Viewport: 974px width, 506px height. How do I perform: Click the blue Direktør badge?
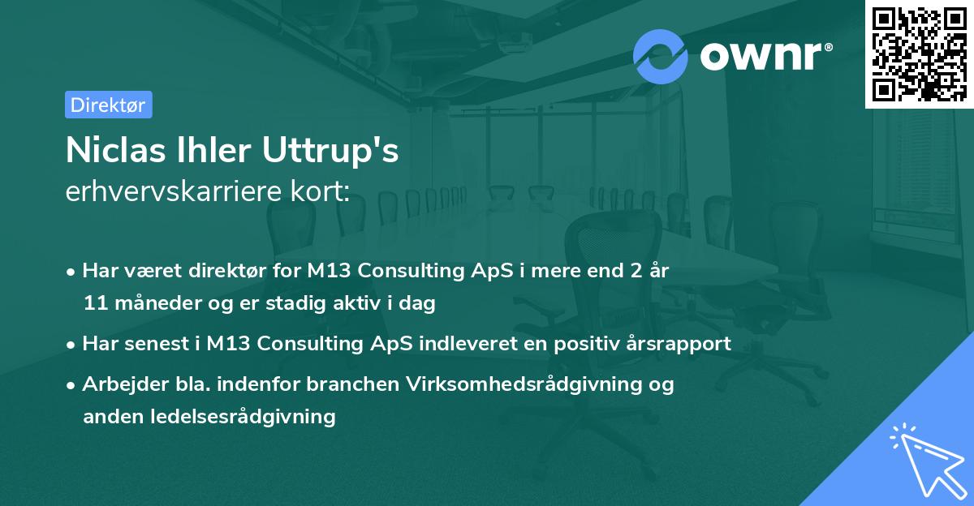pyautogui.click(x=109, y=105)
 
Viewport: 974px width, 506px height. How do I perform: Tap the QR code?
pyautogui.click(x=919, y=54)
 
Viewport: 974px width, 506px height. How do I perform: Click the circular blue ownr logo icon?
pyautogui.click(x=660, y=57)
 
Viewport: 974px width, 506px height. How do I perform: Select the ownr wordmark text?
pyautogui.click(x=761, y=57)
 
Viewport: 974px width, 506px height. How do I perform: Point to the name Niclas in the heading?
pyautogui.click(x=115, y=150)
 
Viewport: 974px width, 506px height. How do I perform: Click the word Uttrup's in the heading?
pyautogui.click(x=330, y=150)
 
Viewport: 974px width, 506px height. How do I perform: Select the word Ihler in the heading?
pyautogui.click(x=213, y=150)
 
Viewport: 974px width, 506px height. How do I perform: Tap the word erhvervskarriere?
pyautogui.click(x=174, y=191)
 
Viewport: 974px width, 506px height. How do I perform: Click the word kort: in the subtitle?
pyautogui.click(x=321, y=191)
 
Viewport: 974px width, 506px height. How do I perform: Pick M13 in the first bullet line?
pyautogui.click(x=329, y=271)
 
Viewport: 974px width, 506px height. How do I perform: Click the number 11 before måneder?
pyautogui.click(x=96, y=303)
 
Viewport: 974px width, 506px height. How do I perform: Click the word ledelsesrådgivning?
pyautogui.click(x=243, y=417)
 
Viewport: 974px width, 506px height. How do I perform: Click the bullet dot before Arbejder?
pyautogui.click(x=71, y=385)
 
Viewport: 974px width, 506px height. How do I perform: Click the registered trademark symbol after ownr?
pyautogui.click(x=828, y=47)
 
